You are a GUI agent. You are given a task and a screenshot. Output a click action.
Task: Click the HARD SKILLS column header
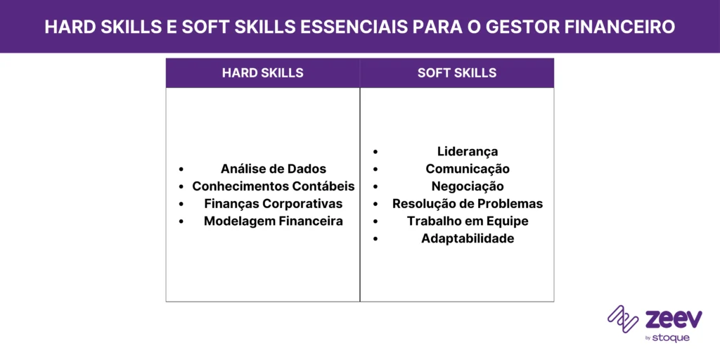262,73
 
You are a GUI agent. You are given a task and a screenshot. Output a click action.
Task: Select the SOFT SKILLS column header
456,73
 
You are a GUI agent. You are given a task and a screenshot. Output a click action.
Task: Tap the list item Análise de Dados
273,169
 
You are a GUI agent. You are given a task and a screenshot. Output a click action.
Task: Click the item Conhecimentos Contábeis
273,186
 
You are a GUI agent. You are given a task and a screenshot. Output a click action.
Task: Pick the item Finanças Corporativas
273,204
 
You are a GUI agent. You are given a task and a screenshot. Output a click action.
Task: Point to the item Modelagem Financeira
273,221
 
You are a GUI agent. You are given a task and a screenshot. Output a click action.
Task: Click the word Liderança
468,151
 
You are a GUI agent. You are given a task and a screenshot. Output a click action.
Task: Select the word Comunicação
468,169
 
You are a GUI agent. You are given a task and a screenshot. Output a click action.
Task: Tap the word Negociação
468,186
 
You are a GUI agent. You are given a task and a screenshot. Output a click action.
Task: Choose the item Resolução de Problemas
468,204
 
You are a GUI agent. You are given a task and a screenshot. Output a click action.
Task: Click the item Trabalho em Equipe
468,221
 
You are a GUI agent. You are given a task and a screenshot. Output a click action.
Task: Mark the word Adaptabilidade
468,238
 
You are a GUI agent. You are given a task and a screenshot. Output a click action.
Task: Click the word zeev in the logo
673,319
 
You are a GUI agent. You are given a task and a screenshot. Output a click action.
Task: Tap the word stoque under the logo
671,337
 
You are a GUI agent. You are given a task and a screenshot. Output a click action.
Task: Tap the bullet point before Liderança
375,152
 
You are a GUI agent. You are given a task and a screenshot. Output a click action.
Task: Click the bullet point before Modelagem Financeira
181,221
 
